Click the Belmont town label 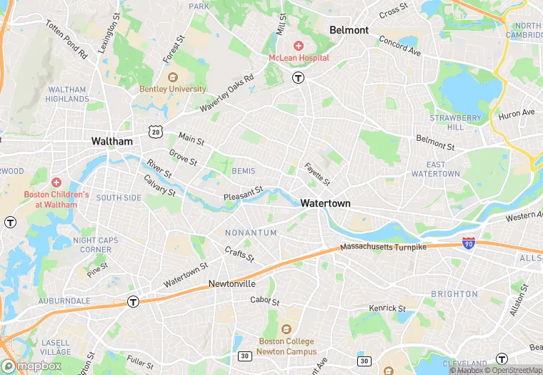tap(349, 30)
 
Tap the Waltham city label tap(112, 141)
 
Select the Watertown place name tap(325, 203)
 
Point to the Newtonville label tap(232, 283)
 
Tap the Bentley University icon tap(171, 77)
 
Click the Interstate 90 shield tap(469, 244)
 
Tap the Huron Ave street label tap(516, 113)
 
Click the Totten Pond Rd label tap(66, 39)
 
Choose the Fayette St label tap(317, 174)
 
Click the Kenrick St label tap(387, 308)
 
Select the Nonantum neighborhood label tap(251, 233)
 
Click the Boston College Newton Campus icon tap(287, 329)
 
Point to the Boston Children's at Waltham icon tap(56, 182)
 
